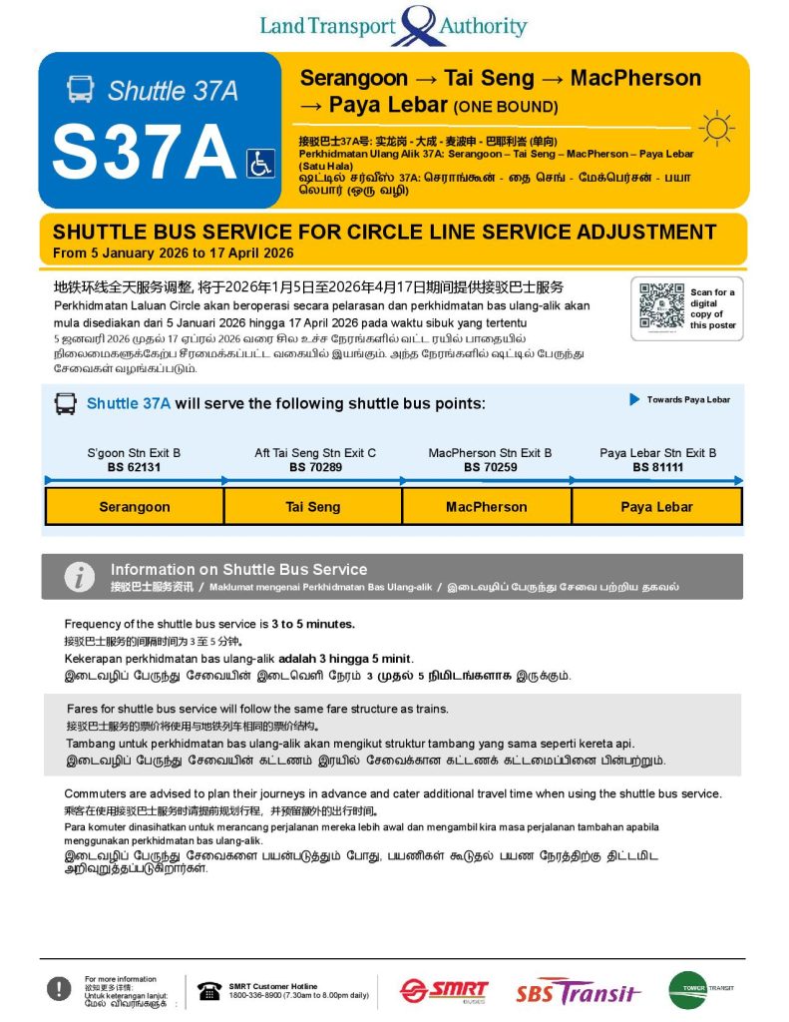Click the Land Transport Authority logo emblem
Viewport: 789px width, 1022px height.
[419, 26]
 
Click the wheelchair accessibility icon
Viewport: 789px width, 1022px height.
[260, 163]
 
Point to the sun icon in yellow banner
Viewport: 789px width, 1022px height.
[716, 129]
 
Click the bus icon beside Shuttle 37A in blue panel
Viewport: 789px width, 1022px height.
[80, 90]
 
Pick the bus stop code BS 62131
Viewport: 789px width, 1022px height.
[134, 467]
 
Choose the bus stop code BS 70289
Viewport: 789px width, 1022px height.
[315, 467]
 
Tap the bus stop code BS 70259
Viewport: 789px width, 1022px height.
[490, 467]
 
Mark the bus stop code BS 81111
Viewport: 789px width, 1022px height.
[657, 467]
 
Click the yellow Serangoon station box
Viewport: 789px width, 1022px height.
[135, 507]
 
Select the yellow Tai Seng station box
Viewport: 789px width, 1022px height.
[313, 507]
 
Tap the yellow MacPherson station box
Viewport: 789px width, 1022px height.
[487, 507]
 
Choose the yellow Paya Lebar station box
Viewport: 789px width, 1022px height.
[657, 507]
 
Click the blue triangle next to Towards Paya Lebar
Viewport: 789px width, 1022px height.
[634, 400]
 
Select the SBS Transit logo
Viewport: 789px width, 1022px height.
[579, 992]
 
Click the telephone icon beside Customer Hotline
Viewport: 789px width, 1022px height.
[209, 990]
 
